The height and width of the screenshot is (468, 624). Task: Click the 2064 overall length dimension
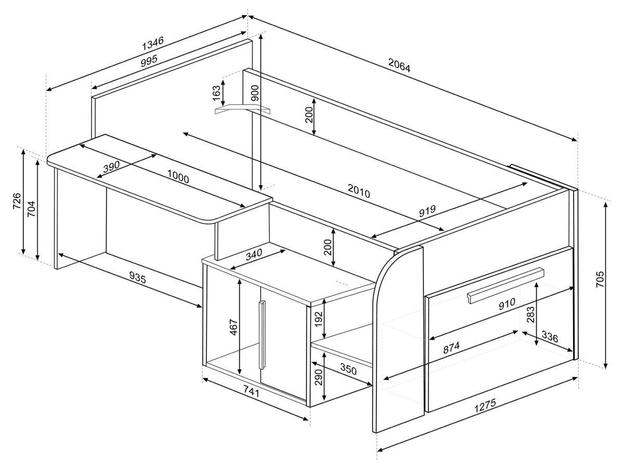point(399,66)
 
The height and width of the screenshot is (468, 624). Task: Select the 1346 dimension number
point(153,43)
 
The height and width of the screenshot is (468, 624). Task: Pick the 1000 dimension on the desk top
point(178,177)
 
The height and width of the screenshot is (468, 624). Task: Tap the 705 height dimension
point(601,282)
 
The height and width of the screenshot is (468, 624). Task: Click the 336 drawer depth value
point(549,337)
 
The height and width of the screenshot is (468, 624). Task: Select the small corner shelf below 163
point(243,110)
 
